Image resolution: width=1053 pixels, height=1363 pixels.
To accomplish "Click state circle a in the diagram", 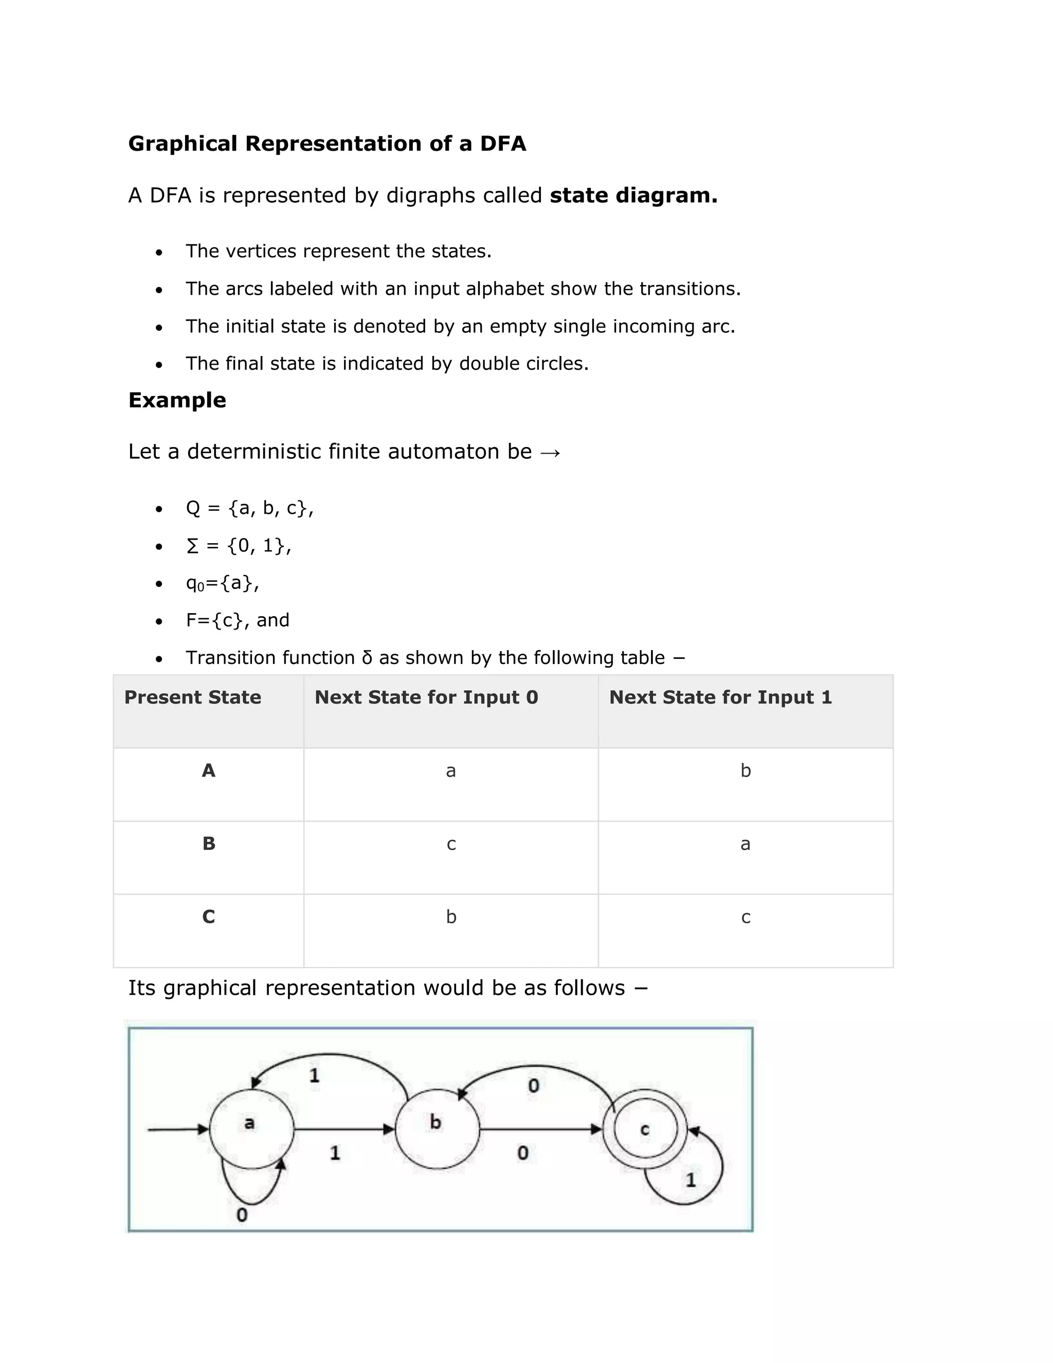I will pos(251,1129).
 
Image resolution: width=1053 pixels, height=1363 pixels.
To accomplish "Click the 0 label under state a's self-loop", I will pos(242,1214).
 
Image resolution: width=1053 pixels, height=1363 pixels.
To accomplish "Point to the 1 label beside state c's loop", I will pos(691,1179).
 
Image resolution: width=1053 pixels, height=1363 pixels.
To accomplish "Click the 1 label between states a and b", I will pos(335,1153).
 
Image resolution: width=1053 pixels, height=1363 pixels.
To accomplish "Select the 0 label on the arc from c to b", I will pos(533,1086).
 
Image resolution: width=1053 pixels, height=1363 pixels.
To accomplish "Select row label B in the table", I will pos(209,844).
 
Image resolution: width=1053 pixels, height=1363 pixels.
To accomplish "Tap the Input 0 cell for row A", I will pos(450,772).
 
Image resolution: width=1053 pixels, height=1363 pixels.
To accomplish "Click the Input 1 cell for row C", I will pos(746,918).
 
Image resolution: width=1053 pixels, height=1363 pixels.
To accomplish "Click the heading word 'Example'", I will pos(177,400).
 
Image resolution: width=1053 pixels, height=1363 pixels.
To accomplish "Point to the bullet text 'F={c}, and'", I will pos(238,620).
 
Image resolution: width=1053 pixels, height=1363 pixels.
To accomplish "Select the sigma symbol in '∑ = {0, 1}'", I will pos(192,546).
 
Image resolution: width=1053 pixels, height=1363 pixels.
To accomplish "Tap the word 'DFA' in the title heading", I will pos(503,144).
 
